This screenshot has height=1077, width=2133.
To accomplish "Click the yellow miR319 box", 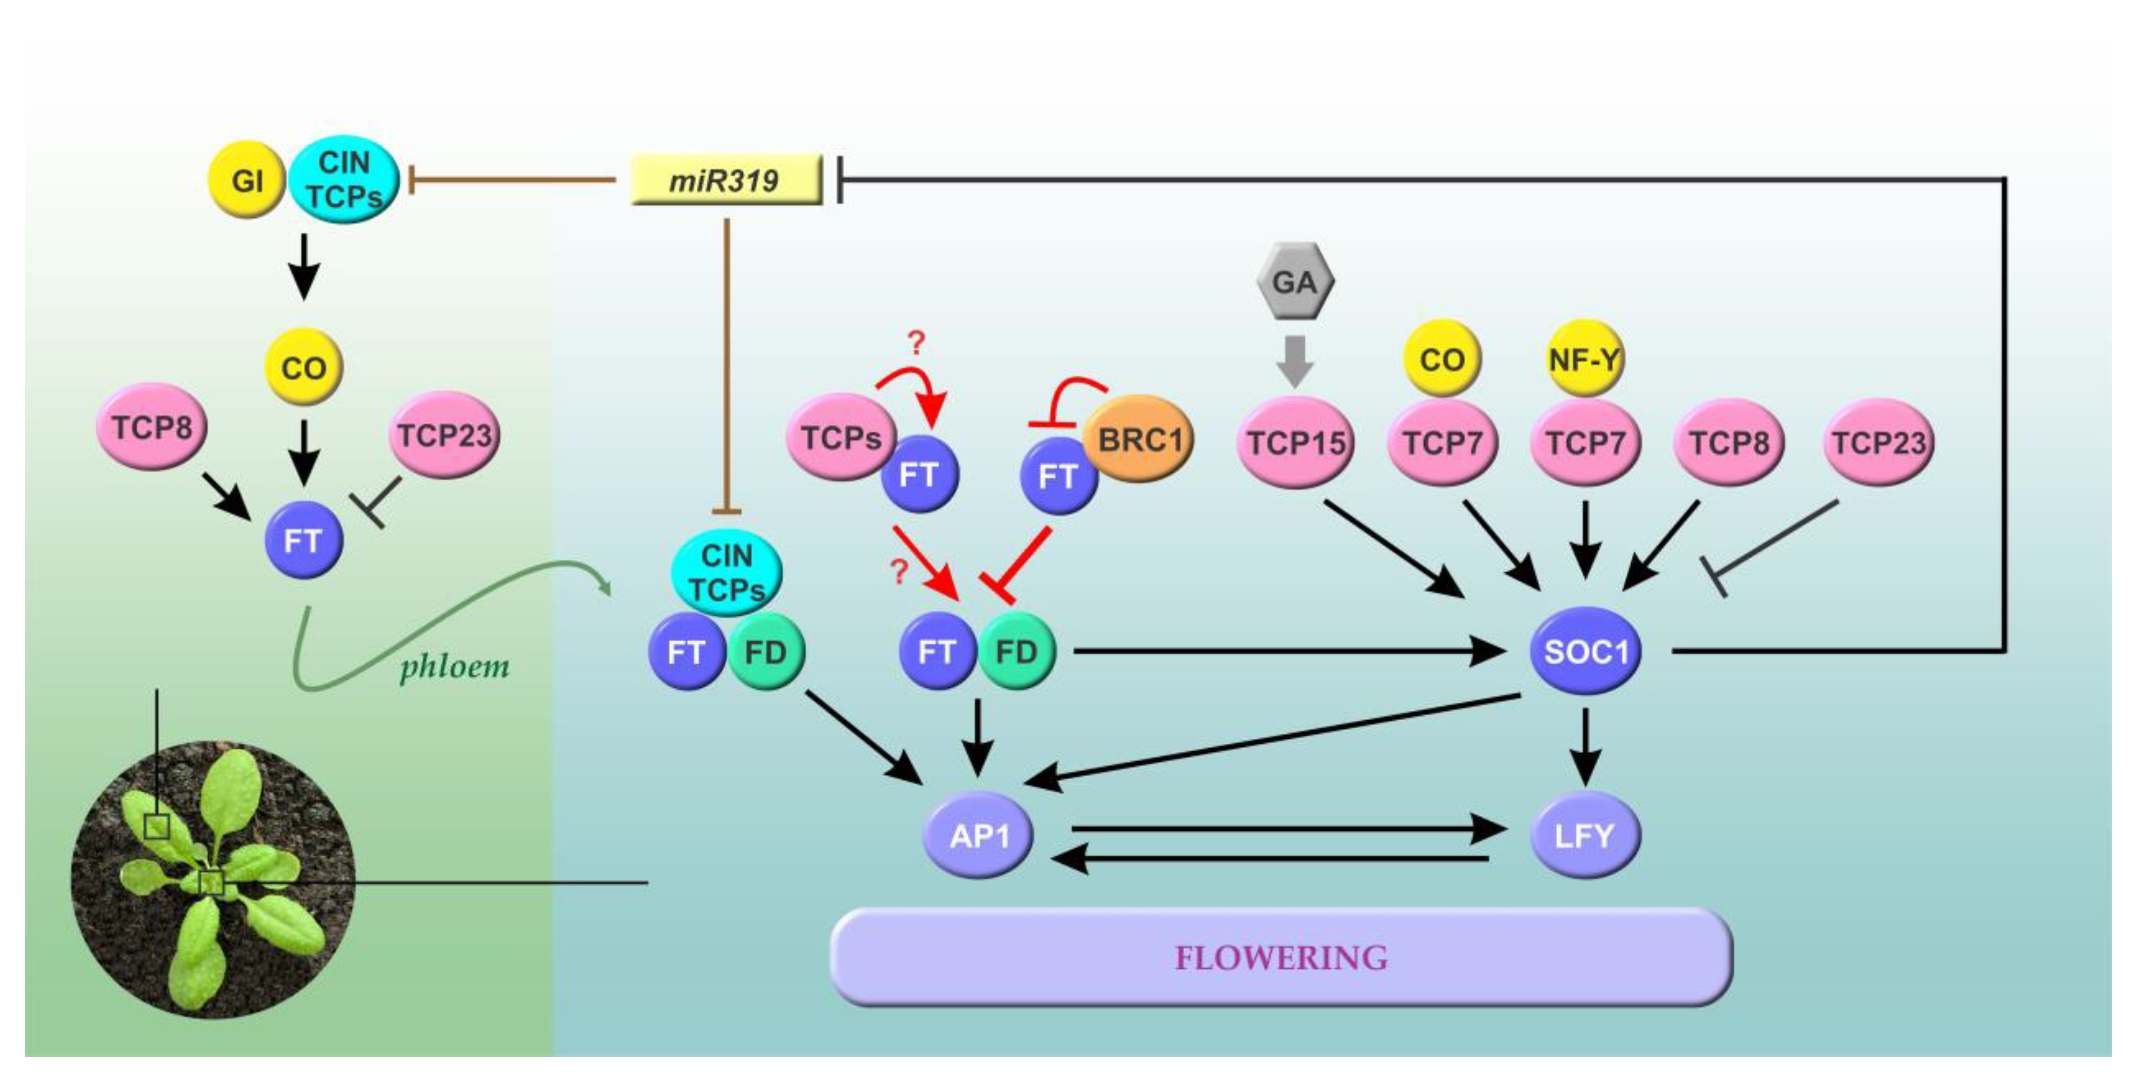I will (725, 179).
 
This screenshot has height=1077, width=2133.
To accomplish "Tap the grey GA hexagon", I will (1294, 281).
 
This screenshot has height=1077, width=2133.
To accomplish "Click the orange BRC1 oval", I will (1140, 439).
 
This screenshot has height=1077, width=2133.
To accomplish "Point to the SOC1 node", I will (1585, 651).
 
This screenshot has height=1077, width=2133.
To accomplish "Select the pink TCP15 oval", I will (1296, 443).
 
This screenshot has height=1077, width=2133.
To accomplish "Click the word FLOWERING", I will (1280, 958).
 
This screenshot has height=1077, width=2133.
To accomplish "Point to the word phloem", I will (455, 667).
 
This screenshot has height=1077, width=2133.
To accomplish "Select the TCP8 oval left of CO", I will (152, 427).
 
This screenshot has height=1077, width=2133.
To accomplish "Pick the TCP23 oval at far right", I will (1878, 443).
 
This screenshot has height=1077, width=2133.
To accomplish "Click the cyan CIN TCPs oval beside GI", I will (344, 179).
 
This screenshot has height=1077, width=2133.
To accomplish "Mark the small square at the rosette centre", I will (211, 883).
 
